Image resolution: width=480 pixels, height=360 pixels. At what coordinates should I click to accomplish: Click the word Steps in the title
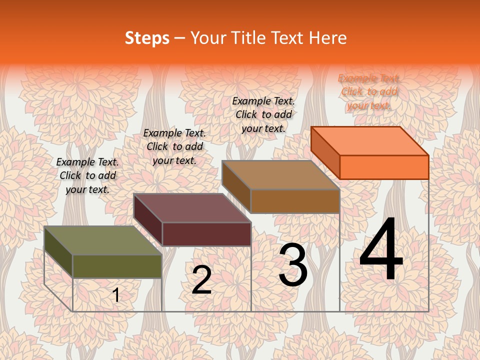(x=147, y=38)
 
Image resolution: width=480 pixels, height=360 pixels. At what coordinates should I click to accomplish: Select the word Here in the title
(x=328, y=38)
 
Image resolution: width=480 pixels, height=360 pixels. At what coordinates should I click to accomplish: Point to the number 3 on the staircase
(x=293, y=265)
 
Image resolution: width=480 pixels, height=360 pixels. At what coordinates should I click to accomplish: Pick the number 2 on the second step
(x=201, y=280)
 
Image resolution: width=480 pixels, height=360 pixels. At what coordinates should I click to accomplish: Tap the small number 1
(x=116, y=295)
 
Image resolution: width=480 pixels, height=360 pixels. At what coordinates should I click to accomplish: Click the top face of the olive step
(x=102, y=240)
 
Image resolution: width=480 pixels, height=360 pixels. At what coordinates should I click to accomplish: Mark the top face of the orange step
(x=370, y=140)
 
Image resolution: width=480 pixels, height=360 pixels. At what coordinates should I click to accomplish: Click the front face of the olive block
(x=117, y=266)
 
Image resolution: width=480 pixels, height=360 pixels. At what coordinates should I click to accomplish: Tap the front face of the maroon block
(x=206, y=234)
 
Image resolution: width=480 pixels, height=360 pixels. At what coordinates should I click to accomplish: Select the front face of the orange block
(x=384, y=167)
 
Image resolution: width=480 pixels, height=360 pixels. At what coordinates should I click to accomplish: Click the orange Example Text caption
(x=369, y=91)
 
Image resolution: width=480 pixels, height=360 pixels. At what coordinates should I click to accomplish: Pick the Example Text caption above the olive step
(x=87, y=175)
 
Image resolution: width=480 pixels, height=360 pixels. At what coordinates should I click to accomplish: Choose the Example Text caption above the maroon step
(x=174, y=146)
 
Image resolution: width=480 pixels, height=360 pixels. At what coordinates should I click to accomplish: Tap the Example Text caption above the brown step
(x=263, y=114)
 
